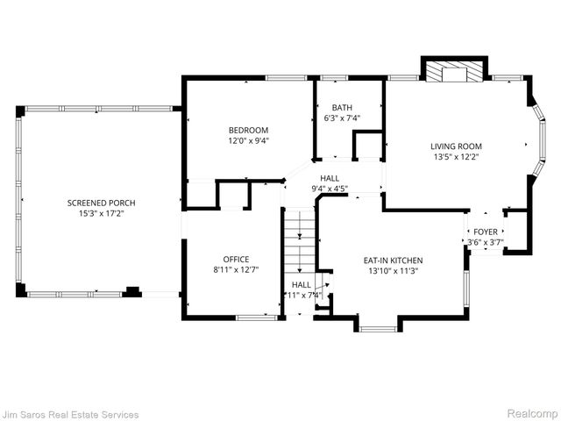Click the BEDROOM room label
[x=249, y=130]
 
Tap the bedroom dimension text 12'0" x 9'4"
[x=249, y=140]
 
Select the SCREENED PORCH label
[x=102, y=203]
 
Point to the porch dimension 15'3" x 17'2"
[x=102, y=213]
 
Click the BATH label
[x=342, y=107]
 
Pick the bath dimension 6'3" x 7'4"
[x=342, y=118]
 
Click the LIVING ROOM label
[x=456, y=146]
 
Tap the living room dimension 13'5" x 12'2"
[x=456, y=158]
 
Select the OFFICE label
[x=236, y=259]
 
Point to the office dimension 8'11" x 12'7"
[x=236, y=270]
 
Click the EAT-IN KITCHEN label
[x=394, y=260]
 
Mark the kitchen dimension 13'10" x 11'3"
[x=394, y=272]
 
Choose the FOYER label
[x=485, y=232]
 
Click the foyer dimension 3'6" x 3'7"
[x=485, y=242]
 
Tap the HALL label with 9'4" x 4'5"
[x=330, y=178]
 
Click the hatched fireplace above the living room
[x=455, y=71]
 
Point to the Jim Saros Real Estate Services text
[x=70, y=413]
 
